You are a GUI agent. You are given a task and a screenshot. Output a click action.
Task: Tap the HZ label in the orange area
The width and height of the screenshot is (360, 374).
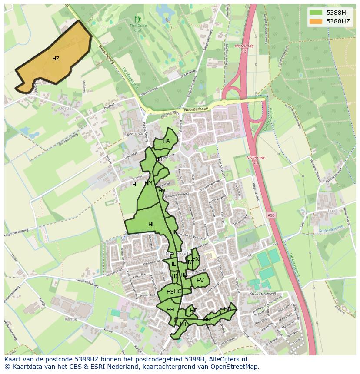56,59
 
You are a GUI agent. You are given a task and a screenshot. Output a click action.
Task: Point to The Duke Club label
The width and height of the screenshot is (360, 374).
138,28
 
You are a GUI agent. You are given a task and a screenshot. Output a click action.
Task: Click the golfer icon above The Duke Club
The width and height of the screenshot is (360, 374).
138,19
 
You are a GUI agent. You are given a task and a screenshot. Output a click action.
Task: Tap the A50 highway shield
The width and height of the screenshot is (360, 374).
271,215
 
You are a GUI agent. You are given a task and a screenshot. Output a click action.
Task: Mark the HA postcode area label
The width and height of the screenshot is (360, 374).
166,141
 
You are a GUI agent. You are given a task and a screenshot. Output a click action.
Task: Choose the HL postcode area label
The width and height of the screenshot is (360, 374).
151,225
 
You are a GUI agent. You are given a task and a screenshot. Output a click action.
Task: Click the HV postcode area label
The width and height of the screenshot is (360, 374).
200,281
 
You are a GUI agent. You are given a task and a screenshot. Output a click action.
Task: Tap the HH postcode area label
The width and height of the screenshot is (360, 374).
170,310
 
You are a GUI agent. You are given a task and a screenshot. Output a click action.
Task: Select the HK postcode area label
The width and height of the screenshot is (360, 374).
207,320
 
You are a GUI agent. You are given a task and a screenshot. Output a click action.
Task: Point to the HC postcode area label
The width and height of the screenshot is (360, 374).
193,311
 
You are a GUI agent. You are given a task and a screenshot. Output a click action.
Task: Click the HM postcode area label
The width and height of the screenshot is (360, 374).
148,183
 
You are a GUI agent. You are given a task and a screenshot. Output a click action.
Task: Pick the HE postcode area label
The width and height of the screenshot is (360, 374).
173,264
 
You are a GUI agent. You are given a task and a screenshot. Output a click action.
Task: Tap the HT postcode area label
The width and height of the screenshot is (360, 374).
183,324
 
